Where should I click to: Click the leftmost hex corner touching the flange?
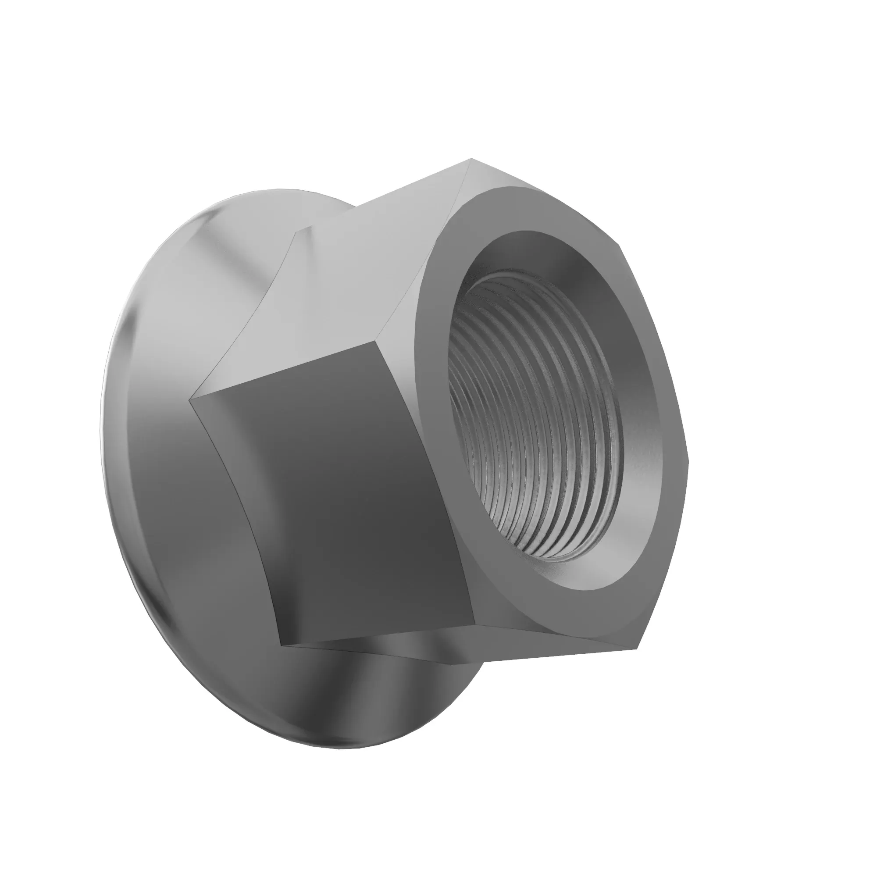click(190, 399)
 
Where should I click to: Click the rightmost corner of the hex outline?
click(689, 461)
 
